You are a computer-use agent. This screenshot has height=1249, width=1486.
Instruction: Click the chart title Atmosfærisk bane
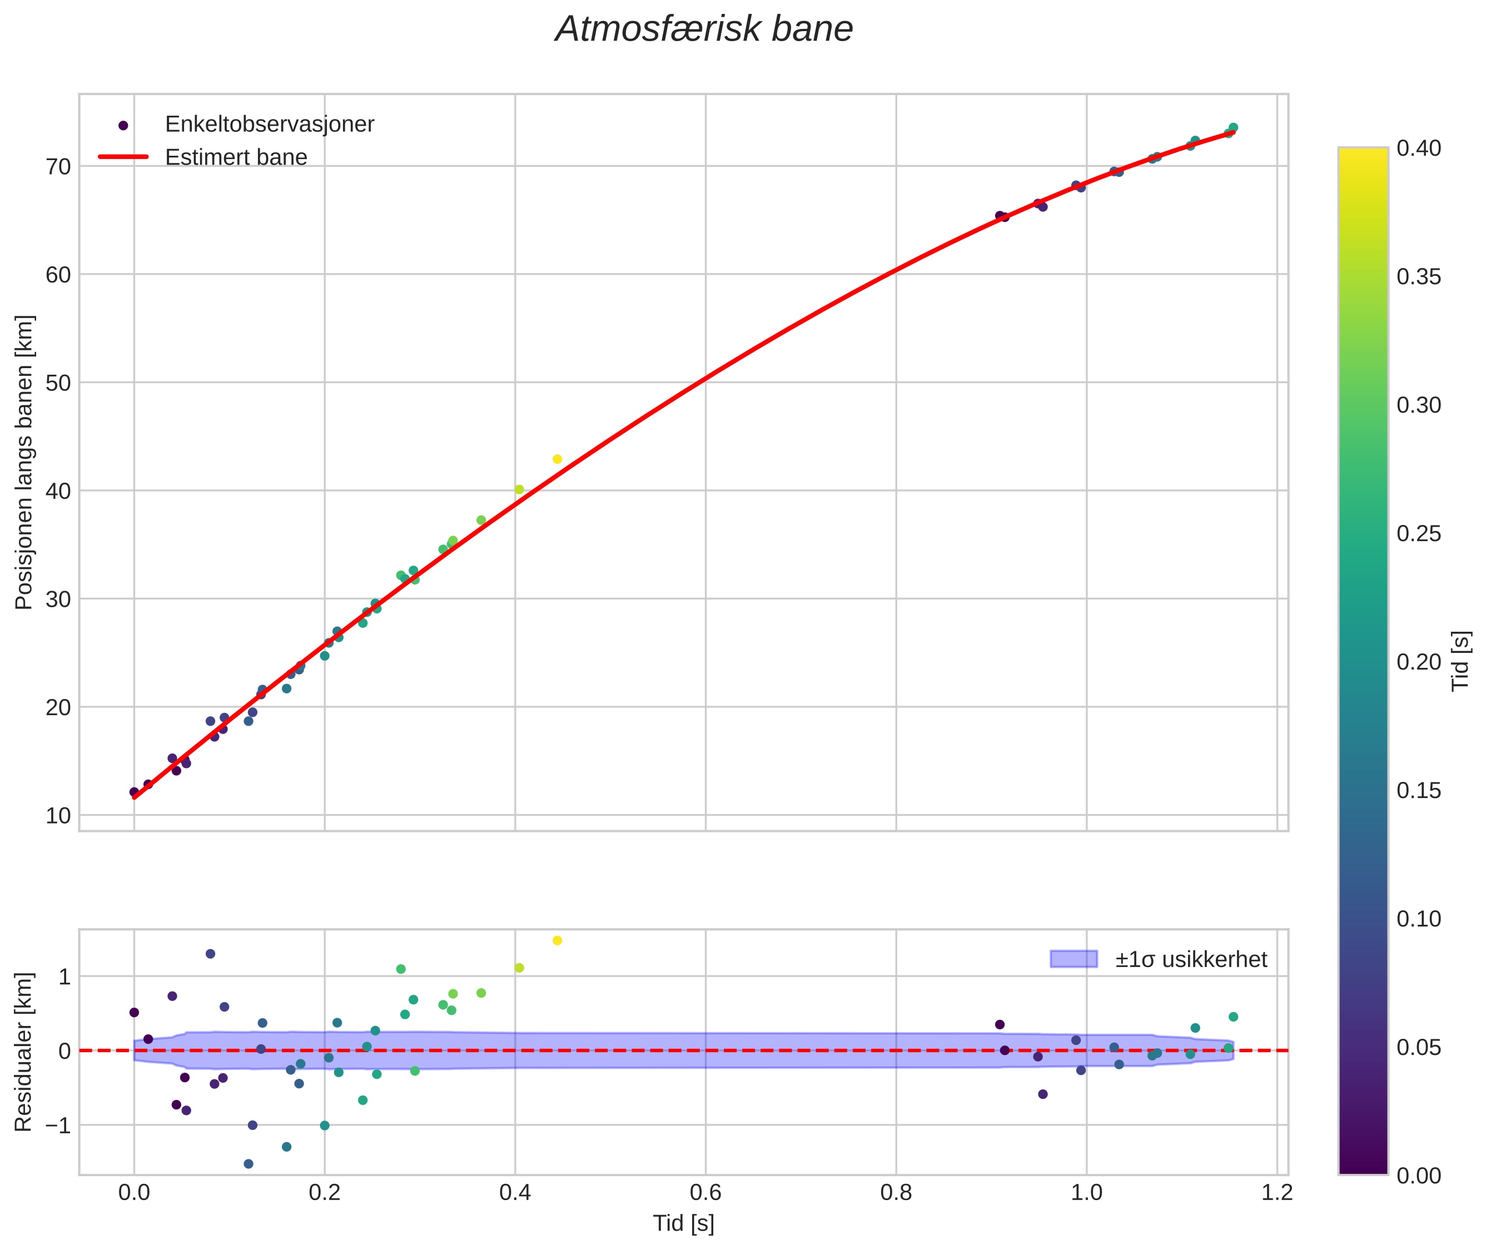tap(704, 29)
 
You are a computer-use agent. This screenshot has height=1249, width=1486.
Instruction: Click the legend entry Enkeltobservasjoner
tap(269, 125)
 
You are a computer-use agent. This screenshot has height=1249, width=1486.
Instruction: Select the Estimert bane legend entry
tap(236, 157)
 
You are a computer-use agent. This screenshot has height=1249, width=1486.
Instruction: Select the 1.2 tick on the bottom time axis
tap(1276, 1193)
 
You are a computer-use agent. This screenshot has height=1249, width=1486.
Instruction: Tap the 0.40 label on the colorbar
tap(1419, 148)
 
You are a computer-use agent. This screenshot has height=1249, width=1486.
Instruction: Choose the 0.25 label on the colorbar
tap(1419, 534)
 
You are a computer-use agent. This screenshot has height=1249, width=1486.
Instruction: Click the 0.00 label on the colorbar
tap(1419, 1176)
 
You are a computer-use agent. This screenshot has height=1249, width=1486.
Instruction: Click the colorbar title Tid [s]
tap(1460, 661)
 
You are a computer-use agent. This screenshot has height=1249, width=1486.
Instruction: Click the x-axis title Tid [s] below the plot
tap(683, 1223)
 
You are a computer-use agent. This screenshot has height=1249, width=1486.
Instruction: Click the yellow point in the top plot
tap(557, 459)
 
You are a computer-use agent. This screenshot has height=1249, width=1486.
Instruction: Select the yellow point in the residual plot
tap(557, 940)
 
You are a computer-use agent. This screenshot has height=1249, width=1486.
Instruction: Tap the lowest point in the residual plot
tap(249, 1164)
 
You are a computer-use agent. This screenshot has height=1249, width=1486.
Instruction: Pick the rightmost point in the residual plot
tap(1233, 1017)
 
